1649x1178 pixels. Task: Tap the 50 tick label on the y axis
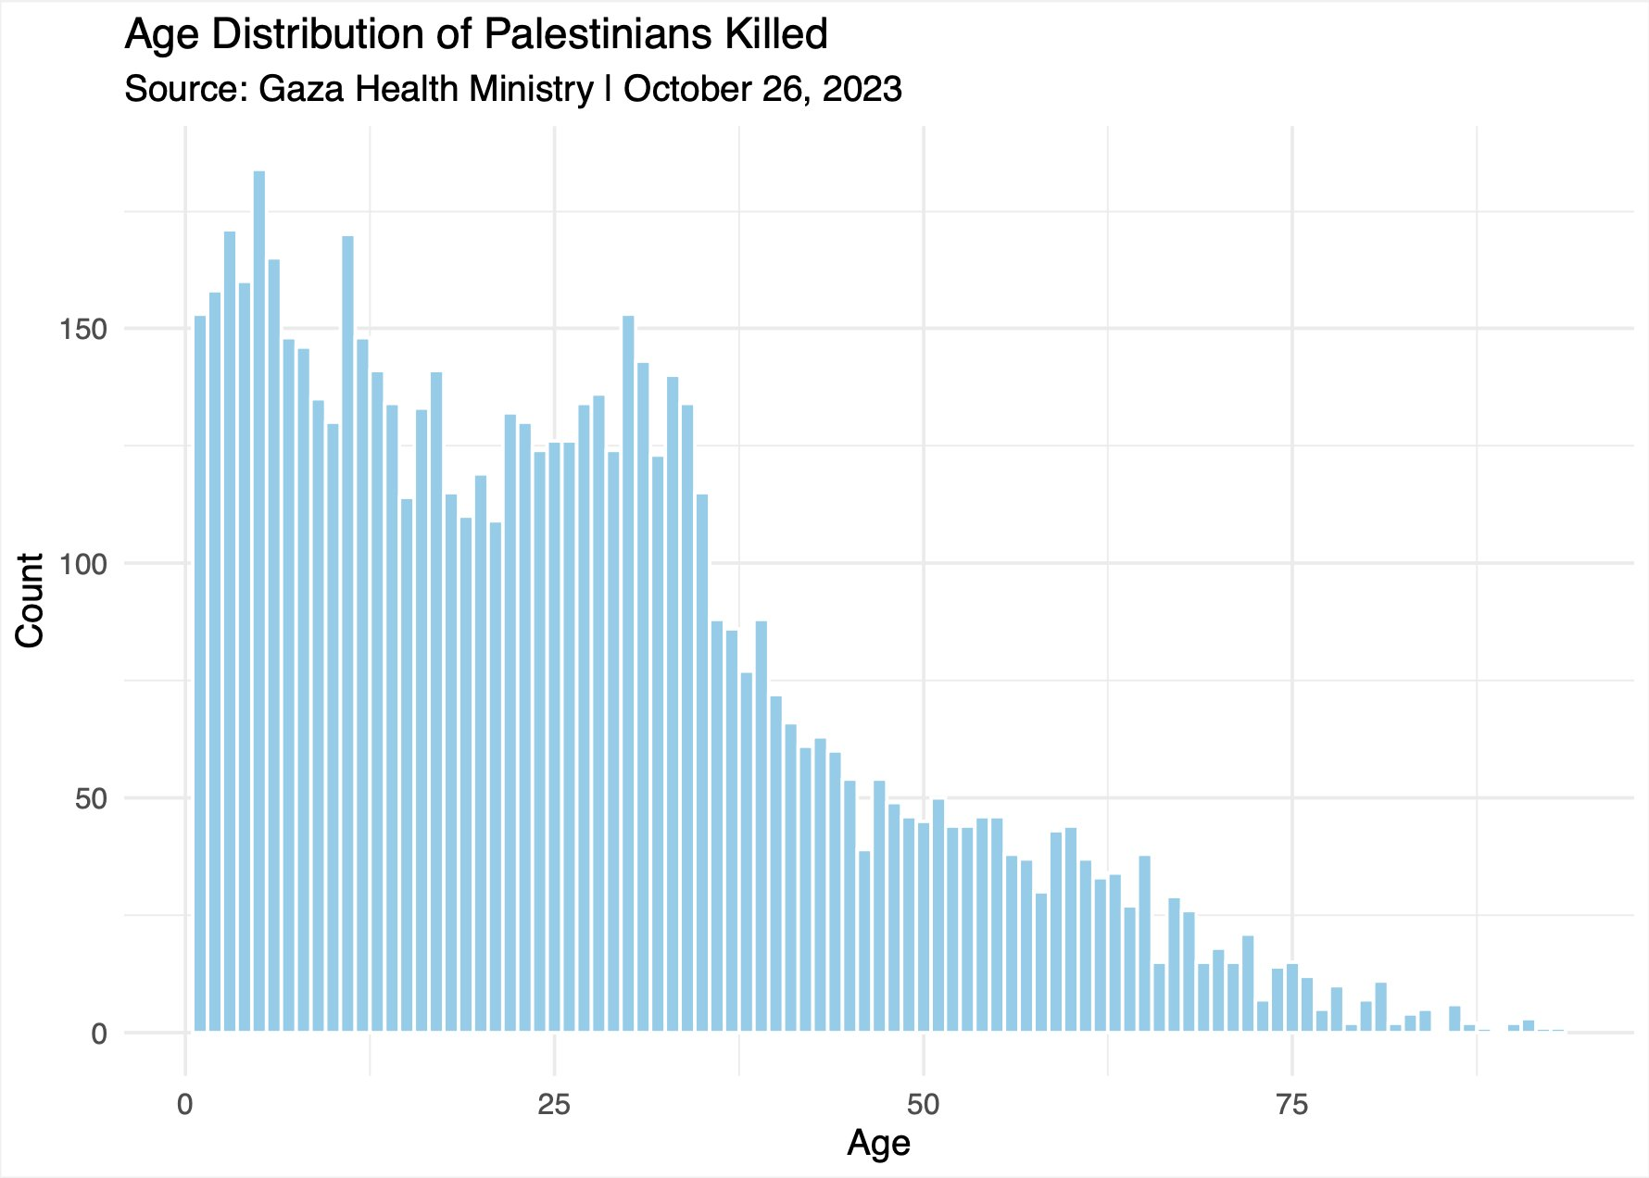(91, 799)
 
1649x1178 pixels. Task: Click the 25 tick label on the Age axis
(554, 1105)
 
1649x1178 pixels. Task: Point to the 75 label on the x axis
(1292, 1105)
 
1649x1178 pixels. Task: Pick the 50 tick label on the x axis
(923, 1105)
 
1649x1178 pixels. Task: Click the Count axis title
(31, 600)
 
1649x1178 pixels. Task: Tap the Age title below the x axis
(878, 1144)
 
